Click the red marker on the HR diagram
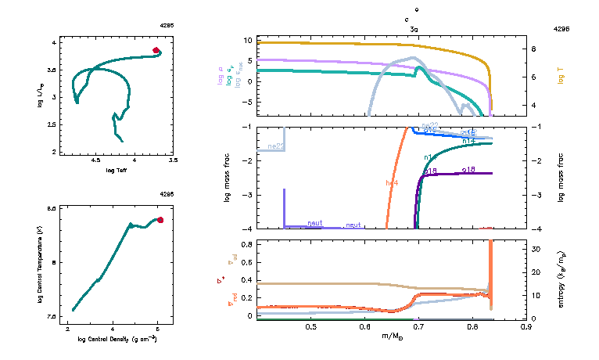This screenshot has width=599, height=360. tap(156, 50)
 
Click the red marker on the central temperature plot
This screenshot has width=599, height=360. tap(160, 220)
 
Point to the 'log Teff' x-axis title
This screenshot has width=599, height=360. tap(116, 169)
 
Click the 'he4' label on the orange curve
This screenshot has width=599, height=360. tap(393, 183)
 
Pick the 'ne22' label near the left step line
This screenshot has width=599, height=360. tap(275, 146)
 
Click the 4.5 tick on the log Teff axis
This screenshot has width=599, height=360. tap(96, 160)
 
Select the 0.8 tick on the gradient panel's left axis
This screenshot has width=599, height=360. tap(246, 245)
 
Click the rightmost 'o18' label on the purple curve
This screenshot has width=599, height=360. tap(469, 170)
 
